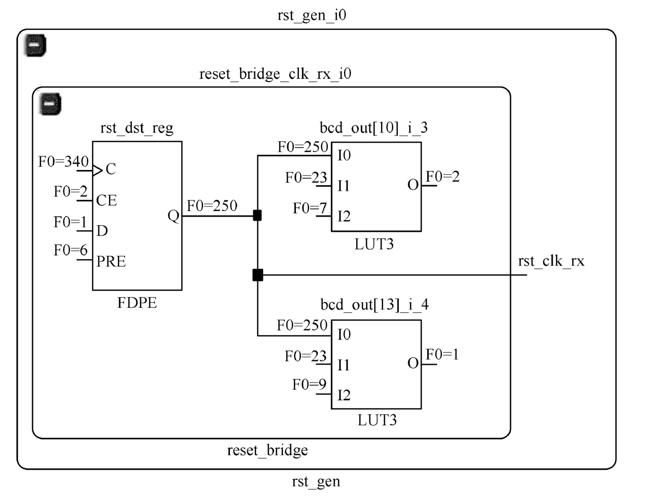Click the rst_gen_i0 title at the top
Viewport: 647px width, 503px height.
[x=312, y=15]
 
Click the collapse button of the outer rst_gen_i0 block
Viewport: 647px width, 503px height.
[x=35, y=46]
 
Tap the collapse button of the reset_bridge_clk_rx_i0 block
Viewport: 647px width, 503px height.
[x=51, y=104]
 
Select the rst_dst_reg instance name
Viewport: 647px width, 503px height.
[x=137, y=128]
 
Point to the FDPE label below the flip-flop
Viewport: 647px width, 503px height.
[x=137, y=303]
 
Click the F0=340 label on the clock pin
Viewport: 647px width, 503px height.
[x=63, y=162]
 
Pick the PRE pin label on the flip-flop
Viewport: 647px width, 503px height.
[x=111, y=262]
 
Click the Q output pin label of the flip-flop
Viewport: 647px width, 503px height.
[x=173, y=216]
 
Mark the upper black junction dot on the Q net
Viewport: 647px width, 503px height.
[x=257, y=216]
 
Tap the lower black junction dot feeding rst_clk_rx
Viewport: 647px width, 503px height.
[x=257, y=275]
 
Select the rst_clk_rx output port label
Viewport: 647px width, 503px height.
[x=551, y=261]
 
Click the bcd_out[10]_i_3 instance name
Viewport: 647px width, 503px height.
[x=373, y=128]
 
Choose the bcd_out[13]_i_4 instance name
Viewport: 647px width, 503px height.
[x=374, y=305]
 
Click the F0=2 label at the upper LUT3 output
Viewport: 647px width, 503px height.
[x=442, y=177]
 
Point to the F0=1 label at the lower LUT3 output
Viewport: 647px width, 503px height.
[x=442, y=354]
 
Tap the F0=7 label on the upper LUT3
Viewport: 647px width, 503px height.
[x=310, y=208]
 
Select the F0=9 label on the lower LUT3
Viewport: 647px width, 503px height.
[x=309, y=385]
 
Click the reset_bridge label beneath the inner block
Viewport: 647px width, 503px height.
[x=267, y=450]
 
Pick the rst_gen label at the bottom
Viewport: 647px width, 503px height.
[x=316, y=481]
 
